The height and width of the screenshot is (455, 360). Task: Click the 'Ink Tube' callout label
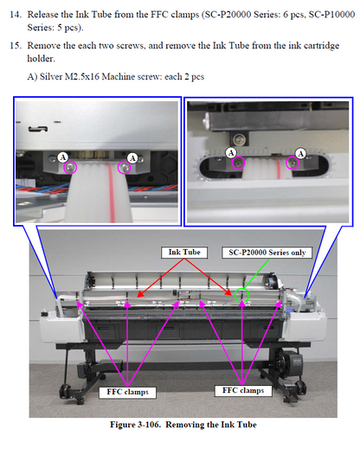click(183, 251)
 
